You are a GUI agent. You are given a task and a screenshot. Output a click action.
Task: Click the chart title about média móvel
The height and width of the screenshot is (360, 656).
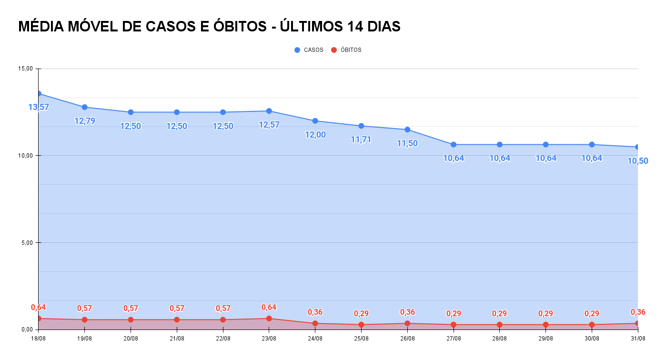click(209, 27)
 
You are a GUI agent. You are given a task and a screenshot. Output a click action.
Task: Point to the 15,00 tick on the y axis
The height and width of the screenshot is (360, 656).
click(25, 69)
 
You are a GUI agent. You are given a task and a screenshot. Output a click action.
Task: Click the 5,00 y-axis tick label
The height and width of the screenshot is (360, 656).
click(27, 242)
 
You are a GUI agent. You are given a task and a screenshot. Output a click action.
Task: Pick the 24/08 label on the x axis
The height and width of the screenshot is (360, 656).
click(315, 339)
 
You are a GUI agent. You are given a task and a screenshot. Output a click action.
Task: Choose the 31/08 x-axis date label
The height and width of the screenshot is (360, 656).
click(638, 339)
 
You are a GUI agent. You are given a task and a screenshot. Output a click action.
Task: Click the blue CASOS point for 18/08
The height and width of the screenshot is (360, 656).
click(39, 94)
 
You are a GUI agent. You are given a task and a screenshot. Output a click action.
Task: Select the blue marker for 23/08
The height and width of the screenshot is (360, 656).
click(269, 111)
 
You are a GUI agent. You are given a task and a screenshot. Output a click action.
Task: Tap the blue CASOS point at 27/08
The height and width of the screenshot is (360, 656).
click(454, 144)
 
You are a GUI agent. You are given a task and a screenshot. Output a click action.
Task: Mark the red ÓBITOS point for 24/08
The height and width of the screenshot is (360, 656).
click(315, 323)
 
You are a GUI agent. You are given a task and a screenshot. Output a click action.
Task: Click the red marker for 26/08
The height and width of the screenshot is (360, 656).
click(407, 323)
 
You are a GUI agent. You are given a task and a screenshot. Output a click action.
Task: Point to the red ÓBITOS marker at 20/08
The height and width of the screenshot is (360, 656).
click(131, 320)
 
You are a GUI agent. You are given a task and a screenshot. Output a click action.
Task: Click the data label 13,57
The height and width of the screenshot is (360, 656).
click(39, 107)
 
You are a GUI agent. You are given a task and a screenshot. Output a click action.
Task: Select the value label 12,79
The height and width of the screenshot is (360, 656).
click(85, 121)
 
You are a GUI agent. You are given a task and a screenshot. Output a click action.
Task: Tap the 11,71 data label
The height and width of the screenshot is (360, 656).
click(361, 140)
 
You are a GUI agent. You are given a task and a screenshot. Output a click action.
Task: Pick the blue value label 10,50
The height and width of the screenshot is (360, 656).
click(637, 161)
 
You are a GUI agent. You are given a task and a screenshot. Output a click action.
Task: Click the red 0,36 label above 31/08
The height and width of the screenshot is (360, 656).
click(638, 312)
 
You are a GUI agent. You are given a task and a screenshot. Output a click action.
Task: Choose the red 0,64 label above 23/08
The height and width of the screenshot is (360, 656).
click(269, 307)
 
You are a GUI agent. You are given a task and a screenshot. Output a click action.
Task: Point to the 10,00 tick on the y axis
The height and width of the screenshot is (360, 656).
click(25, 156)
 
